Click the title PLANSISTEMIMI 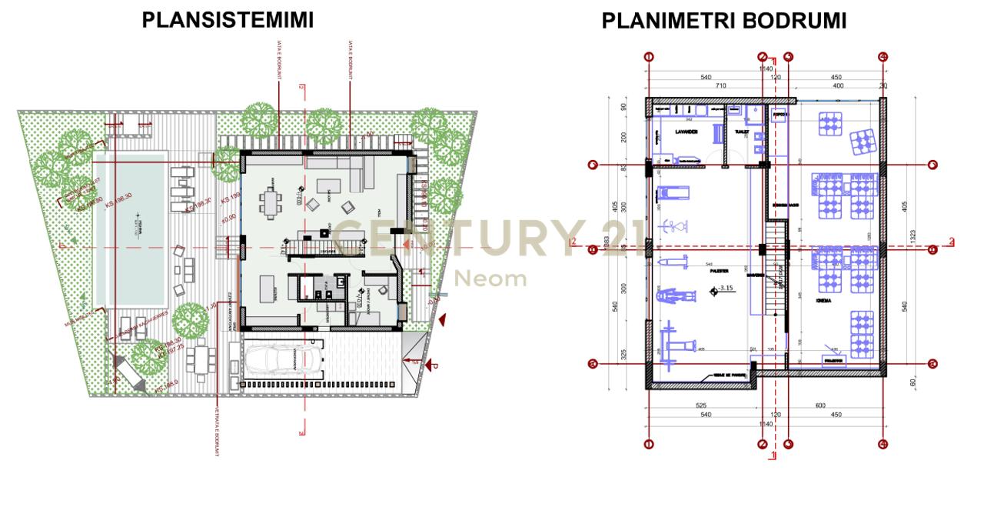(x=228, y=20)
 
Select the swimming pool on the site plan (x=130, y=229)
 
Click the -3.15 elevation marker (x=723, y=289)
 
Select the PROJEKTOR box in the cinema (x=833, y=359)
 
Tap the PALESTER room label (x=720, y=270)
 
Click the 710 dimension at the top (x=720, y=86)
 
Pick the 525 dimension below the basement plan (x=700, y=406)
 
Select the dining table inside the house (x=270, y=202)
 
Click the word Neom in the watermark (x=492, y=278)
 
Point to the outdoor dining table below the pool (x=201, y=357)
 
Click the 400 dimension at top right (x=838, y=86)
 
